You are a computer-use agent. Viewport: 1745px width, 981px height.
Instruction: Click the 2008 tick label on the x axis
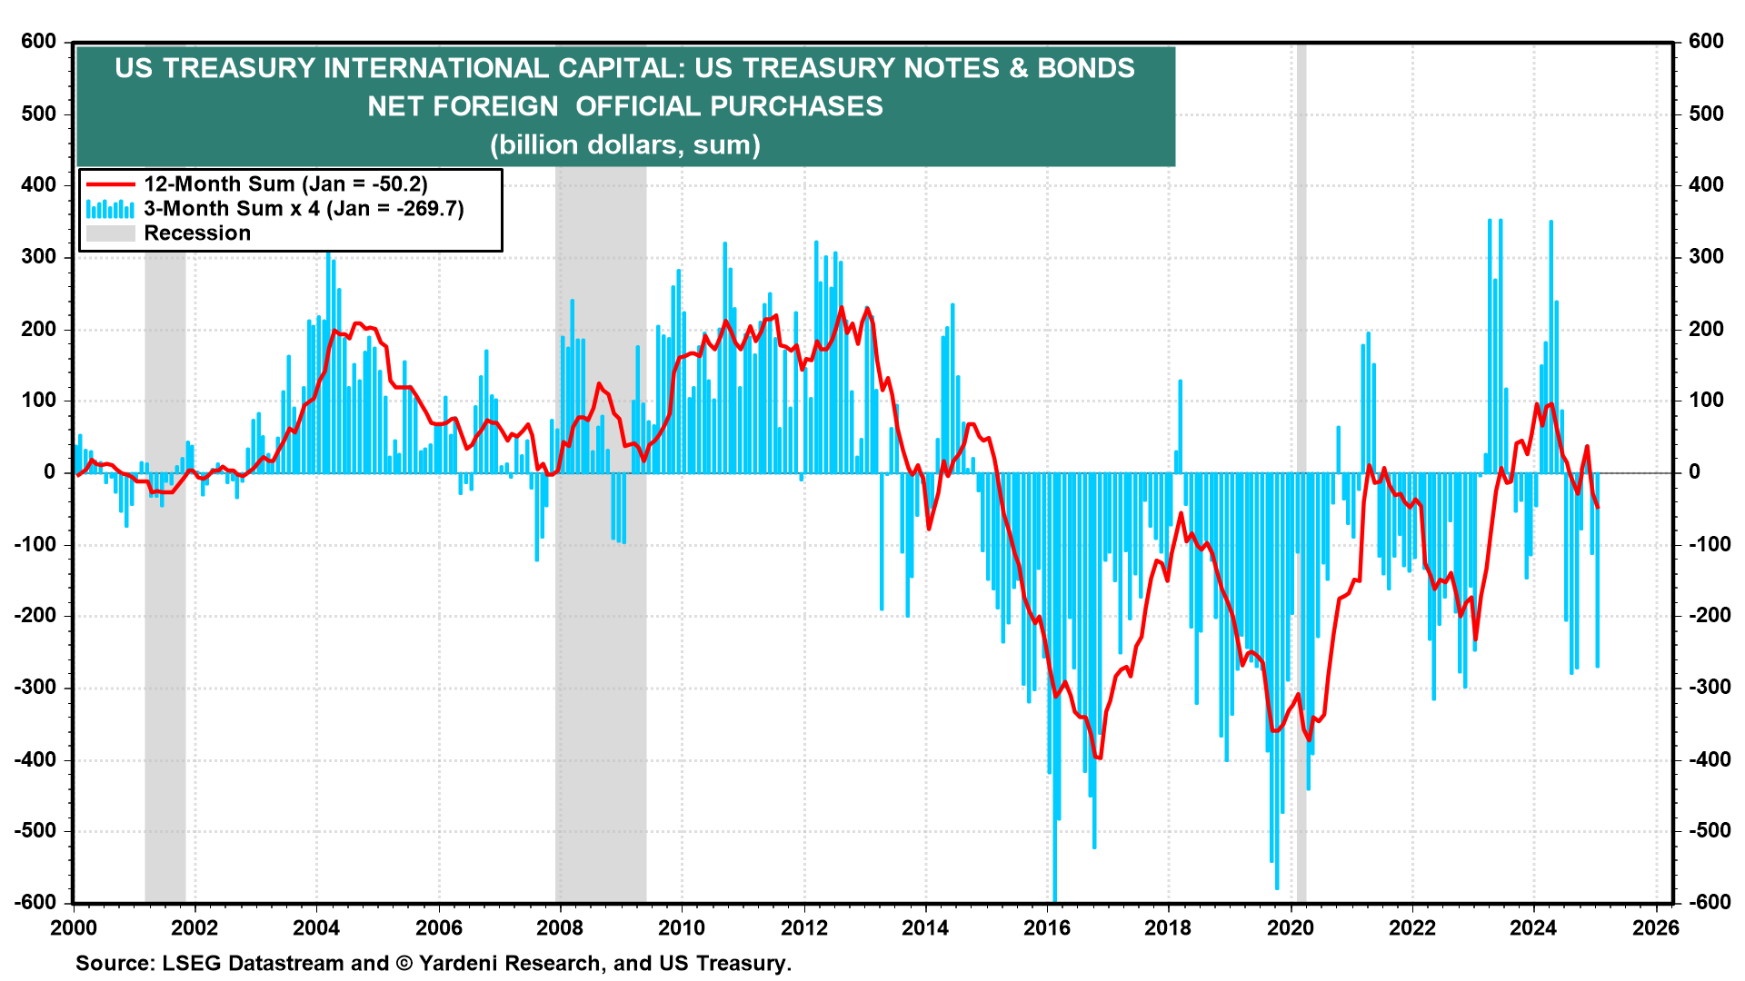(560, 928)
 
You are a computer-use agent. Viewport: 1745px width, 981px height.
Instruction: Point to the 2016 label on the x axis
(1047, 928)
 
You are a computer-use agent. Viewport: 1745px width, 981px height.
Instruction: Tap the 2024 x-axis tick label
(1534, 928)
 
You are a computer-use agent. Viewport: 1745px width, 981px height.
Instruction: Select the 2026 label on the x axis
(1656, 928)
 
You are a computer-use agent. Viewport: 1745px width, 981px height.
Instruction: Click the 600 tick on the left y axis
(39, 42)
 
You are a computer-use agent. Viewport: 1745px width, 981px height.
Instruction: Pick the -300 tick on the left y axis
(35, 688)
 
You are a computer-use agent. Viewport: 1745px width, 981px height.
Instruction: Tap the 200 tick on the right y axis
(1706, 329)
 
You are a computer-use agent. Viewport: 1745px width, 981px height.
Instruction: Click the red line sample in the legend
(110, 184)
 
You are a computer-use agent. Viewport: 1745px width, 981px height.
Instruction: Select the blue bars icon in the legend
(110, 209)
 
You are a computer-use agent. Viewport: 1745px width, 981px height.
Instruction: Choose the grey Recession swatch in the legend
(110, 233)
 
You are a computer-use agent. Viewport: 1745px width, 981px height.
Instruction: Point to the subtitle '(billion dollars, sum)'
(625, 144)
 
